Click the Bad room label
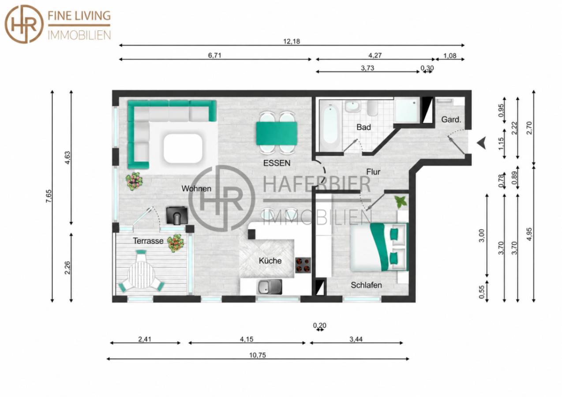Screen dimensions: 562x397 [363, 127]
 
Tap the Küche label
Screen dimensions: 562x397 [270, 261]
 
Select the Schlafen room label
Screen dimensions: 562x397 [366, 285]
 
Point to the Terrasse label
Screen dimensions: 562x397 [148, 241]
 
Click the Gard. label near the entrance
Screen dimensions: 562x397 [451, 120]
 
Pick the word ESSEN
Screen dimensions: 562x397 [277, 163]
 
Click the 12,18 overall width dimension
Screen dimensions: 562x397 [292, 41]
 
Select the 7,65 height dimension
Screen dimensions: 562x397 [49, 196]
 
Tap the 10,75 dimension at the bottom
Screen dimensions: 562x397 [258, 355]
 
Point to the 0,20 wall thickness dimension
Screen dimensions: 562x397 [319, 326]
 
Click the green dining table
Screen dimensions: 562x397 [277, 134]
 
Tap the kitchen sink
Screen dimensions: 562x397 [269, 287]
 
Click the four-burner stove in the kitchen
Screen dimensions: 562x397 [303, 265]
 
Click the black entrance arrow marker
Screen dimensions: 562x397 [482, 143]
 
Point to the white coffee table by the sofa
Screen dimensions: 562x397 [183, 149]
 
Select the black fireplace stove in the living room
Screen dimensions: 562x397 [177, 216]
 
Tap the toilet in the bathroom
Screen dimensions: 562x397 [372, 108]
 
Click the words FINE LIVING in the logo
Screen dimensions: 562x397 [79, 16]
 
